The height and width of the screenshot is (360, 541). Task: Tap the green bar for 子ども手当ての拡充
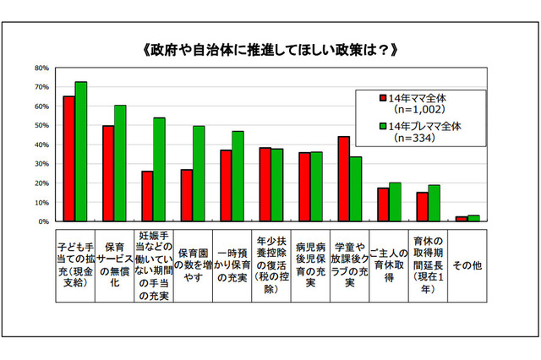pyautogui.click(x=81, y=151)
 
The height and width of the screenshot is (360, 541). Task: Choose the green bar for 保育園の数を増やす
pyautogui.click(x=198, y=173)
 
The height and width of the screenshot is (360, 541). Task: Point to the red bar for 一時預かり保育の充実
pyautogui.click(x=225, y=185)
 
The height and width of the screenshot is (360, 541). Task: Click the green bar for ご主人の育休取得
pyautogui.click(x=396, y=202)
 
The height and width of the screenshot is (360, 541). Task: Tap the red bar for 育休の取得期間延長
pyautogui.click(x=422, y=207)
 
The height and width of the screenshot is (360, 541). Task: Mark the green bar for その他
pyautogui.click(x=473, y=218)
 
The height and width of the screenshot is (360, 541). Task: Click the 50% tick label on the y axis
pyautogui.click(x=40, y=125)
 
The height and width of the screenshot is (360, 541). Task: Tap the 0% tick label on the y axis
pyautogui.click(x=42, y=221)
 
